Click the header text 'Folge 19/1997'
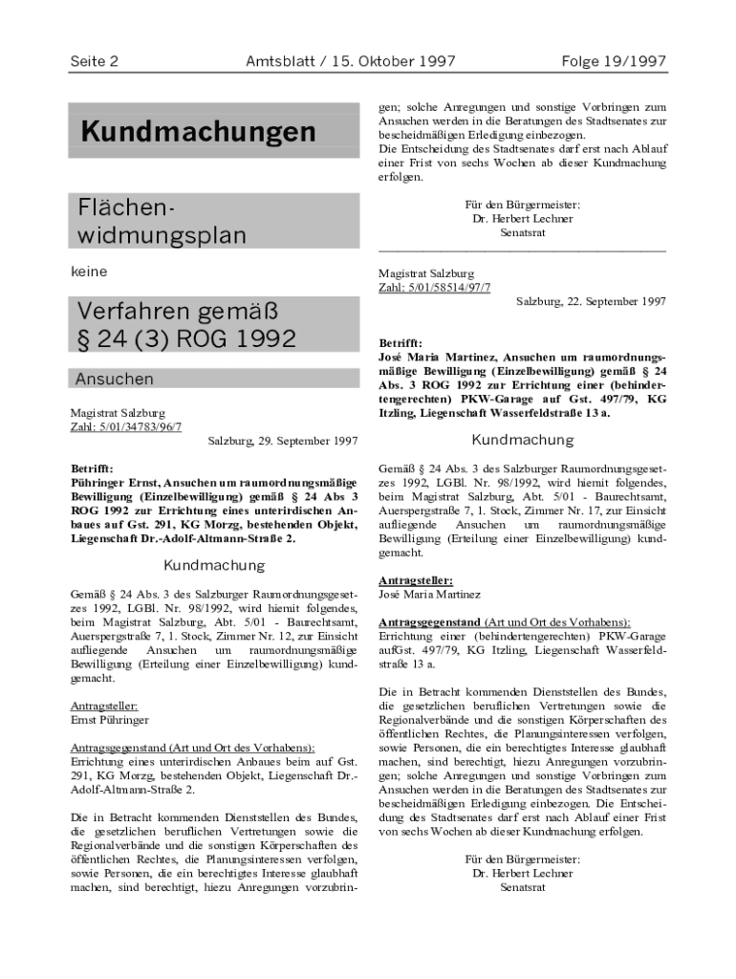coord(615,62)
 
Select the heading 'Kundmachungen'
coord(198,132)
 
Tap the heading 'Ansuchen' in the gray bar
coord(114,379)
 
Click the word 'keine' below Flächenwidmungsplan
coord(89,272)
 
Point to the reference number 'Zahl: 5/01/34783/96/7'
coord(126,426)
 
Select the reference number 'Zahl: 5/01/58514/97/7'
coord(434,287)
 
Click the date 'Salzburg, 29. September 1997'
coord(283,442)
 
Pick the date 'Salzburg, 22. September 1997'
coord(591,301)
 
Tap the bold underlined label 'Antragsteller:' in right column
coord(416,579)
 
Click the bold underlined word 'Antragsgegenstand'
coord(429,621)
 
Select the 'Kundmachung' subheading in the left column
coord(213,565)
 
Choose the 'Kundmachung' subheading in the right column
coord(522,440)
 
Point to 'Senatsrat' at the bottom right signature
coord(523,887)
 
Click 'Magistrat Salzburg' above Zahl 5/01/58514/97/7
coord(426,273)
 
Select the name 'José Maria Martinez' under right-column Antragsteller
coord(430,594)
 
